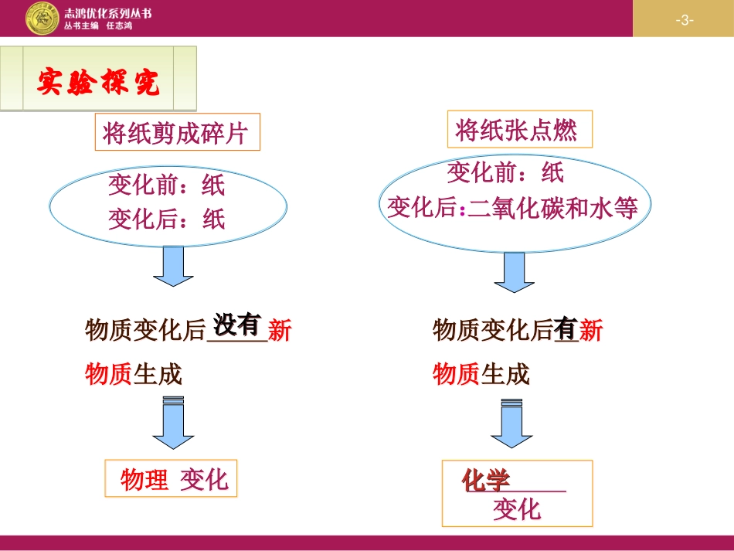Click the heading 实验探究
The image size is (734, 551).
coord(98,82)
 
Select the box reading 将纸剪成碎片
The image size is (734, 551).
coord(176,134)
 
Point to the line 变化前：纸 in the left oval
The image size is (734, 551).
coord(167,185)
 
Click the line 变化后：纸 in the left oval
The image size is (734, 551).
coord(167,219)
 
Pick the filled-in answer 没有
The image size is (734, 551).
coord(236,325)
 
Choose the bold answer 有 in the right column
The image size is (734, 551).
coord(566,330)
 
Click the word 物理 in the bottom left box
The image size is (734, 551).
coord(144,480)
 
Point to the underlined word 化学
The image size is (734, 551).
coord(486,481)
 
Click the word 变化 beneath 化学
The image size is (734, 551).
coord(517,509)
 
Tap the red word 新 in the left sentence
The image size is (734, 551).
coord(280,331)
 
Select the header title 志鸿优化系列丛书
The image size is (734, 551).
coord(109,12)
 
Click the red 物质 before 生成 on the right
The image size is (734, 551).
coord(456,375)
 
